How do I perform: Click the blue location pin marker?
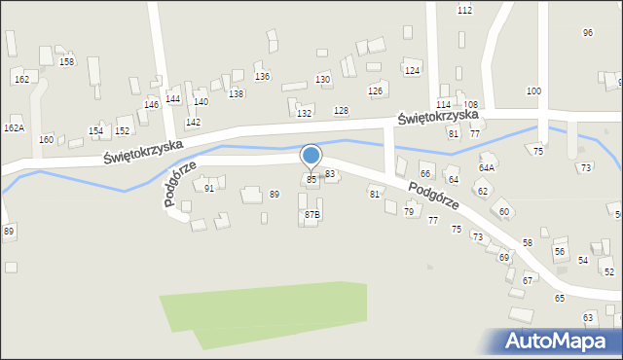(x=311, y=156)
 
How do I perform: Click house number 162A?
(x=14, y=127)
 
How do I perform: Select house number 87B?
(x=311, y=214)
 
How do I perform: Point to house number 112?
(x=464, y=10)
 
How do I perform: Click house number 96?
(x=588, y=32)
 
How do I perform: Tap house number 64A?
(x=487, y=167)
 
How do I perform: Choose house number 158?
(x=66, y=61)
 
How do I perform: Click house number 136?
(x=262, y=76)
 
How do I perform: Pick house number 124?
(x=412, y=71)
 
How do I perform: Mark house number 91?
(x=209, y=189)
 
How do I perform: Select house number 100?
(x=533, y=90)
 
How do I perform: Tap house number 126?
(x=375, y=90)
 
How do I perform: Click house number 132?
(x=304, y=113)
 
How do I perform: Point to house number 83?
(x=330, y=173)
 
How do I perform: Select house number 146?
(x=151, y=104)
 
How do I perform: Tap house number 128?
(x=341, y=111)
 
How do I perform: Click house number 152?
(x=123, y=130)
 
